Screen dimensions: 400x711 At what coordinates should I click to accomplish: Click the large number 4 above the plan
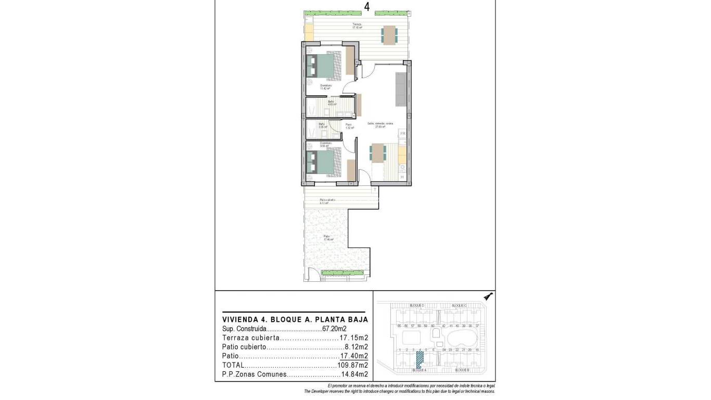click(x=367, y=7)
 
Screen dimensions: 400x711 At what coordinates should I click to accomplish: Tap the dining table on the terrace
click(x=389, y=35)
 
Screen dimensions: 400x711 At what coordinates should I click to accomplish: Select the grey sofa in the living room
click(x=401, y=89)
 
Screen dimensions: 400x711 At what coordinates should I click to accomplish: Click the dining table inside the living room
click(x=378, y=153)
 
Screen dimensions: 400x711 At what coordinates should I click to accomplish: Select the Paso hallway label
click(x=349, y=126)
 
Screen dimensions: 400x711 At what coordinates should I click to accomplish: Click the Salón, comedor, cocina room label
click(x=380, y=124)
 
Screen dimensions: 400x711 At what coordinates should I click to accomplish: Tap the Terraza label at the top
click(x=357, y=26)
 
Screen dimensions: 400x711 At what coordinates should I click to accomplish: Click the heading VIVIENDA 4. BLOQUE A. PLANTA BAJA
click(x=295, y=319)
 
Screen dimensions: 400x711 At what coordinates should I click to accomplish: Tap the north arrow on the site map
click(x=488, y=296)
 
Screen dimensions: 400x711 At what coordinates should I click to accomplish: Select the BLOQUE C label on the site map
click(x=459, y=305)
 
